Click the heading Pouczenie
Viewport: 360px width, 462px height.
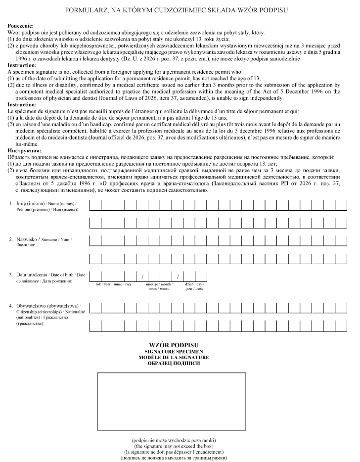click(21, 26)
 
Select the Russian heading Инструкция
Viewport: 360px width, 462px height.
click(24, 150)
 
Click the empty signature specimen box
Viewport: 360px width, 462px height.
click(171, 401)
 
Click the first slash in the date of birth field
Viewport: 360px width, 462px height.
click(142, 277)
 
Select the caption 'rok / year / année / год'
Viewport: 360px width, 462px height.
click(113, 284)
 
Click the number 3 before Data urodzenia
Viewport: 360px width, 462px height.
click(11, 275)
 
